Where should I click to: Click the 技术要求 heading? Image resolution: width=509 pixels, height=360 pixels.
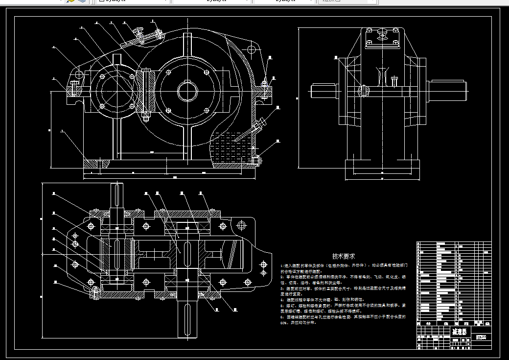tap(344, 256)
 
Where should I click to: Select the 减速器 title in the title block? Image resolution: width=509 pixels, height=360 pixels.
tap(460, 332)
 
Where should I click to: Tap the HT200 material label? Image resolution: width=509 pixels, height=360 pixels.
tap(481, 337)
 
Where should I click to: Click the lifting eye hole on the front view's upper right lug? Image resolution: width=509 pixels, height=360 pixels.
tap(252, 49)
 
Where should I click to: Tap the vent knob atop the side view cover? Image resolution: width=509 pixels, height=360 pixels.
tap(382, 33)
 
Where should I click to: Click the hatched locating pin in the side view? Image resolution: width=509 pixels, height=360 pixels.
tap(363, 90)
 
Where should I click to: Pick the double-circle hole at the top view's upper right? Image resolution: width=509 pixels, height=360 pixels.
tap(240, 225)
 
